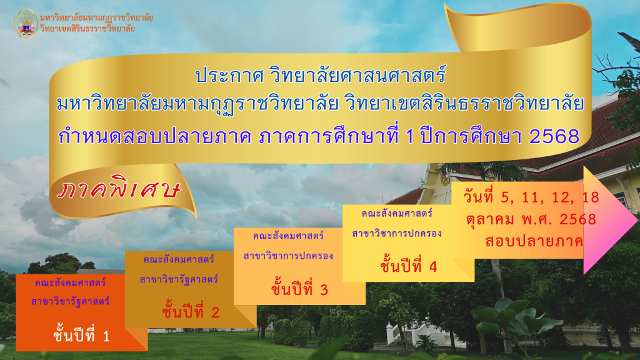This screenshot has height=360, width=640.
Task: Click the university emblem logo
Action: [x=26, y=24]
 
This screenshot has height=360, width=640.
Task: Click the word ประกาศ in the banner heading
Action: [x=229, y=76]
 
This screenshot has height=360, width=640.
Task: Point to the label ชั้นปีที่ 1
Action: [x=82, y=335]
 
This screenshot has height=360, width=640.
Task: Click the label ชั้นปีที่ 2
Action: [x=191, y=311]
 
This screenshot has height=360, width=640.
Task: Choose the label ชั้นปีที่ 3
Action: [x=299, y=289]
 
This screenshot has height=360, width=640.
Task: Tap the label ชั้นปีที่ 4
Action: [x=409, y=266]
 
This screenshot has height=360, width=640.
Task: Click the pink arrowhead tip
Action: [x=637, y=220]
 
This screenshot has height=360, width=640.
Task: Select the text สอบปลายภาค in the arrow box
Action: [x=534, y=241]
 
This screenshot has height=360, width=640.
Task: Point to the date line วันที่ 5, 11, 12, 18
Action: [x=531, y=197]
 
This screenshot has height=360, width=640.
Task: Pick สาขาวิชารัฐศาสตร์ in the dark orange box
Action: [x=70, y=302]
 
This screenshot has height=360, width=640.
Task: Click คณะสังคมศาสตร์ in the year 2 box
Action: [x=179, y=259]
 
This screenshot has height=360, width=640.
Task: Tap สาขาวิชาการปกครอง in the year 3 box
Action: [x=288, y=256]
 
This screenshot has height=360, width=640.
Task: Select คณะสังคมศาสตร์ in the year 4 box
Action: [x=397, y=214]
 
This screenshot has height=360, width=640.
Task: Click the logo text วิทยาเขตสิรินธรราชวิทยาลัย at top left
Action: [x=87, y=29]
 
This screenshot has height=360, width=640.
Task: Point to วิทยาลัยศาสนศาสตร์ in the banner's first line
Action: [x=357, y=76]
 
